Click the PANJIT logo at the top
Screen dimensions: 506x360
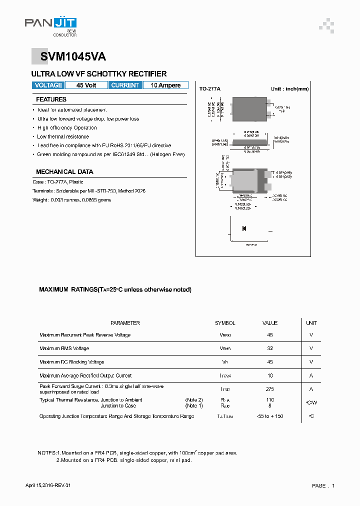[x=50, y=24]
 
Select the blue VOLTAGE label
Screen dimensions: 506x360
[x=48, y=85]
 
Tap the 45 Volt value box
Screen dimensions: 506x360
[x=86, y=85]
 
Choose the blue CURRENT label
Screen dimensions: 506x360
[x=125, y=85]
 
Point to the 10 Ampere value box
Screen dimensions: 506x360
[x=165, y=85]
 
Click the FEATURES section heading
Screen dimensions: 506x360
[x=51, y=99]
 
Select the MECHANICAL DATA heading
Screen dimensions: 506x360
[x=64, y=171]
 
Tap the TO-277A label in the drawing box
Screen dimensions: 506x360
[x=209, y=88]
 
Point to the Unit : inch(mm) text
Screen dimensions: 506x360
[x=289, y=88]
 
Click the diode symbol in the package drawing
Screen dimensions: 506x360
[x=244, y=228]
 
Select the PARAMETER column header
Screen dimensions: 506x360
[x=125, y=323]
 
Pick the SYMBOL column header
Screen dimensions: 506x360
[x=225, y=323]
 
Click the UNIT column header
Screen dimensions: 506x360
[x=311, y=323]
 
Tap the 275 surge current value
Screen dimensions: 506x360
[x=270, y=389]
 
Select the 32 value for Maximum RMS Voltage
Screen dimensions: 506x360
[x=270, y=348]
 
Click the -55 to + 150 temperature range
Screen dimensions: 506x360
[x=270, y=416]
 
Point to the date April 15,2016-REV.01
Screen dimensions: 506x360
[x=51, y=485]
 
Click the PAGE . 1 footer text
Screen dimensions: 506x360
[x=323, y=485]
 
